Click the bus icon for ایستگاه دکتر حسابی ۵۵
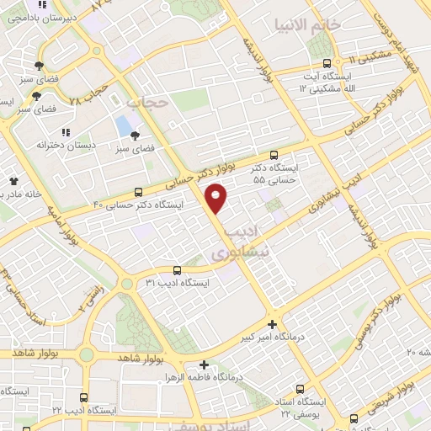(274, 155)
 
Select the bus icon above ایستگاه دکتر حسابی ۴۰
(139, 192)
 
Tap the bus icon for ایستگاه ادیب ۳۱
(176, 270)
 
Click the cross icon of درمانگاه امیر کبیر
(272, 324)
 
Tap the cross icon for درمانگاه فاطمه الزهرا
(205, 364)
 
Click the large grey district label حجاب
(147, 103)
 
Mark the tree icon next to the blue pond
(135, 135)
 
